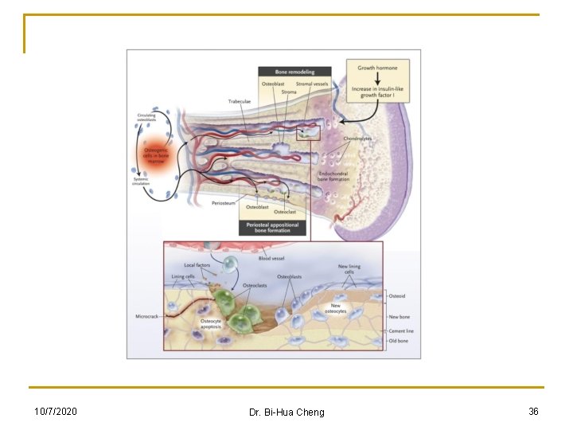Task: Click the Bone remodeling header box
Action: pyautogui.click(x=295, y=72)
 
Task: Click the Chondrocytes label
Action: pyautogui.click(x=357, y=139)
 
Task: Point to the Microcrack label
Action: pyautogui.click(x=150, y=316)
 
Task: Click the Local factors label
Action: pyautogui.click(x=197, y=265)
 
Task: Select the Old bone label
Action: pyautogui.click(x=398, y=341)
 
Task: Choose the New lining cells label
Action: pyautogui.click(x=349, y=269)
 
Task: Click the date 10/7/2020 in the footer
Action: pyautogui.click(x=56, y=411)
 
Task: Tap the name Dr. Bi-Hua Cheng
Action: pyautogui.click(x=286, y=412)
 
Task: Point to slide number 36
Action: pyautogui.click(x=533, y=411)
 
